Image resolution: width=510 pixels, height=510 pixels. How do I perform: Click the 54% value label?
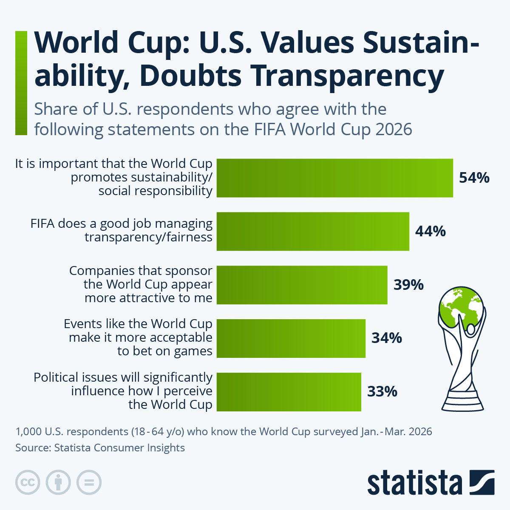click(x=474, y=178)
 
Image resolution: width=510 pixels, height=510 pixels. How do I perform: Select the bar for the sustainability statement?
click(x=334, y=178)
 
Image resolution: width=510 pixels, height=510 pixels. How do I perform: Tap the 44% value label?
click(x=430, y=231)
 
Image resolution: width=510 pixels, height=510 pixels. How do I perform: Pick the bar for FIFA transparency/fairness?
click(x=313, y=232)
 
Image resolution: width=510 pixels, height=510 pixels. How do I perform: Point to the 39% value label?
click(x=408, y=285)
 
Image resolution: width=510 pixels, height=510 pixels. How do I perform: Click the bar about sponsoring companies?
click(x=302, y=285)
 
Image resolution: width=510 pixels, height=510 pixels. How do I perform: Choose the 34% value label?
click(x=386, y=338)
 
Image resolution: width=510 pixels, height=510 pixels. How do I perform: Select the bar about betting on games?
click(x=291, y=338)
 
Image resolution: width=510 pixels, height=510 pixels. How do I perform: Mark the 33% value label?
click(x=382, y=391)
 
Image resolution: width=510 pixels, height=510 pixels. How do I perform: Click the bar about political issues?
click(x=289, y=392)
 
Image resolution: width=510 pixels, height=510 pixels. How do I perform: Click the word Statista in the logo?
click(x=414, y=483)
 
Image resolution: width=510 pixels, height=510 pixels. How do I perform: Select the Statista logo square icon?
click(x=482, y=482)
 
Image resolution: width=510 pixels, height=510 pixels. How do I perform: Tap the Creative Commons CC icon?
click(x=28, y=482)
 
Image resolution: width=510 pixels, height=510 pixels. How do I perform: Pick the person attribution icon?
click(x=58, y=482)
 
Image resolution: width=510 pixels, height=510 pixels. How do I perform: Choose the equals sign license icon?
click(x=89, y=482)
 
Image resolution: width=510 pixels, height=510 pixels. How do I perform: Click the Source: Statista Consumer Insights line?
click(x=100, y=448)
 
